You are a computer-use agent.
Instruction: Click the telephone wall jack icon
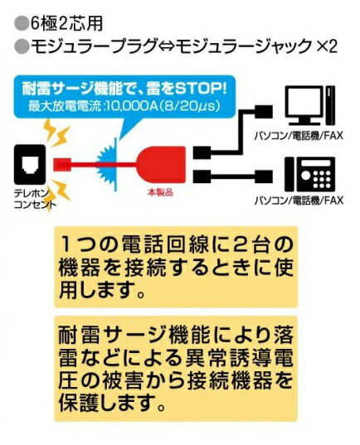coord(30,164)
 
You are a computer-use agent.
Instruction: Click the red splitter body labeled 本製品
coord(162,165)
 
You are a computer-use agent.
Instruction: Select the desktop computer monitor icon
coord(304,105)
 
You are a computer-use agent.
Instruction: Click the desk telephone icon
coord(310,174)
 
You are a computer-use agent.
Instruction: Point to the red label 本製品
coord(160,193)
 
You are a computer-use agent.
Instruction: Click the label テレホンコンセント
coord(32,200)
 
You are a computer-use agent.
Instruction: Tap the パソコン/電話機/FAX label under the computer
coord(299,135)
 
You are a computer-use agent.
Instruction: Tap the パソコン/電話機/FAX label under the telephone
coord(299,201)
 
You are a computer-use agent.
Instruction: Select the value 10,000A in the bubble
coord(129,105)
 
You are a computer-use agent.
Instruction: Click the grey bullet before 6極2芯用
coord(22,24)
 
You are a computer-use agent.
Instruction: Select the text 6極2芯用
coord(66,24)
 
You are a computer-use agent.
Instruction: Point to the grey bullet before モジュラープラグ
coord(22,46)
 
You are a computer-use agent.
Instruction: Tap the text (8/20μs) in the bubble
coord(187,105)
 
